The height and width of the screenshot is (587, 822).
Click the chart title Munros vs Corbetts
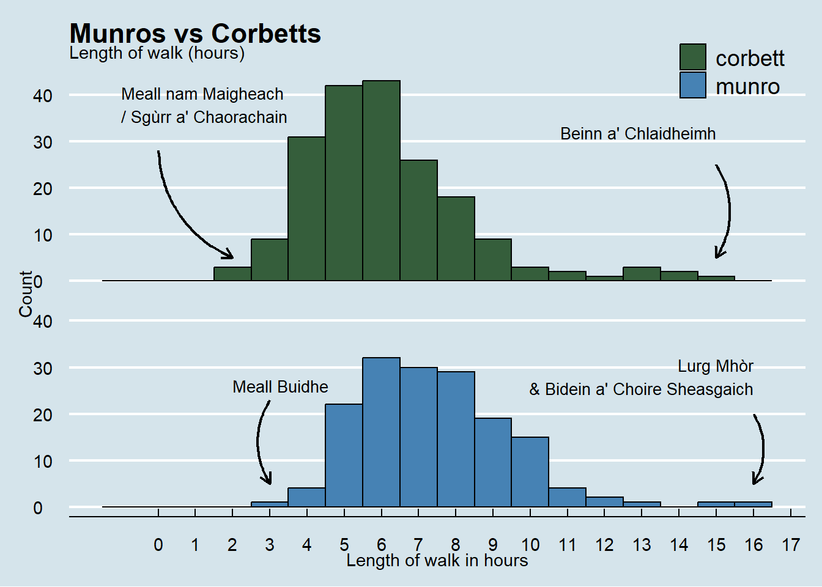[x=195, y=33]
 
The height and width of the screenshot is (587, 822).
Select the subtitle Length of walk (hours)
[x=157, y=53]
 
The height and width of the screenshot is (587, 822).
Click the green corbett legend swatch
[x=693, y=57]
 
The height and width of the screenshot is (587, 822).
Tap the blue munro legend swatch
[x=693, y=85]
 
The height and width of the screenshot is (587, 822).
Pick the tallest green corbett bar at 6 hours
[x=381, y=180]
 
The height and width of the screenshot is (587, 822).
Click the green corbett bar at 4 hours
[x=306, y=209]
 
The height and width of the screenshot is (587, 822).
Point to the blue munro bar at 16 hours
[x=754, y=504]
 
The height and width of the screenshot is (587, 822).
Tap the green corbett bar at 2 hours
[x=232, y=274]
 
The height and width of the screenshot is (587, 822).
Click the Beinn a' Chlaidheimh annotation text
[x=638, y=134]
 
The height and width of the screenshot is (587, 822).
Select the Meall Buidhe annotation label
[x=280, y=387]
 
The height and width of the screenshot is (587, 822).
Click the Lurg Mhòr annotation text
[x=716, y=366]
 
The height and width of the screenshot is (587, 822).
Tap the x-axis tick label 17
[x=791, y=545]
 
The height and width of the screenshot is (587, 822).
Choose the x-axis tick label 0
[x=158, y=545]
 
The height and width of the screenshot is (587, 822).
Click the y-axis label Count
[x=26, y=294]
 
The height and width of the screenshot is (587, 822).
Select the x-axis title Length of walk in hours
[x=437, y=561]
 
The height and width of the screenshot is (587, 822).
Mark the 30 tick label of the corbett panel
[x=43, y=142]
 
